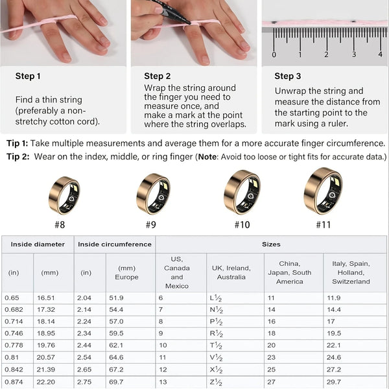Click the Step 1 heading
click(x=28, y=76)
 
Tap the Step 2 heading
click(x=158, y=76)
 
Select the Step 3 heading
click(x=288, y=76)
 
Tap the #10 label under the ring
click(x=241, y=224)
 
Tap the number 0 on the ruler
click(x=274, y=54)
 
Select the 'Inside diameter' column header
click(x=38, y=244)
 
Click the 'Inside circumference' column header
click(x=115, y=244)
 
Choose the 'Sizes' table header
click(x=271, y=244)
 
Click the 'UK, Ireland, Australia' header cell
click(x=235, y=272)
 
